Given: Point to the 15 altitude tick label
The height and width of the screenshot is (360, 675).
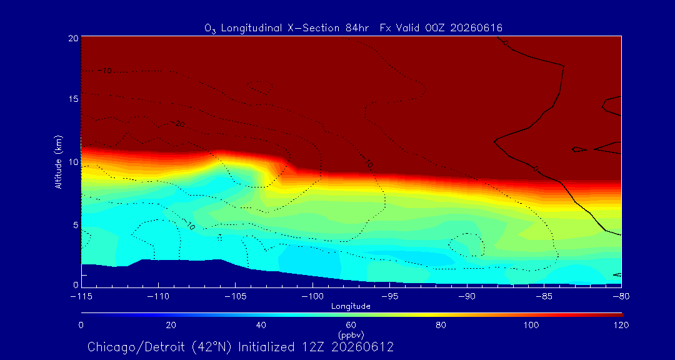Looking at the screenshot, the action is pyautogui.click(x=72, y=99).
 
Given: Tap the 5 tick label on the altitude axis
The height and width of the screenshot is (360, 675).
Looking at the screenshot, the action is pyautogui.click(x=75, y=225).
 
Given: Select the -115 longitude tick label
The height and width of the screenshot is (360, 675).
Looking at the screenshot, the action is pyautogui.click(x=81, y=297).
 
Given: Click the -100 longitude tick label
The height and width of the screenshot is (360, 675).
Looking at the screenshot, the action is pyautogui.click(x=312, y=297).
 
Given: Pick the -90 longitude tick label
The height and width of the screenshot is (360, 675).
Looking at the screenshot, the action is pyautogui.click(x=467, y=297).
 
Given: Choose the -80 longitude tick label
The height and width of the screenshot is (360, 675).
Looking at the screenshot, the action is pyautogui.click(x=621, y=297).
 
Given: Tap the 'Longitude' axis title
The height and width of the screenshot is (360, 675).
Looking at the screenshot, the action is pyautogui.click(x=351, y=307).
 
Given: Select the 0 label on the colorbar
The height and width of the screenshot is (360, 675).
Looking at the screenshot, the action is pyautogui.click(x=81, y=325).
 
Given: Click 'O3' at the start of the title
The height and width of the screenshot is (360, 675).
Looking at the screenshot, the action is pyautogui.click(x=211, y=29).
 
